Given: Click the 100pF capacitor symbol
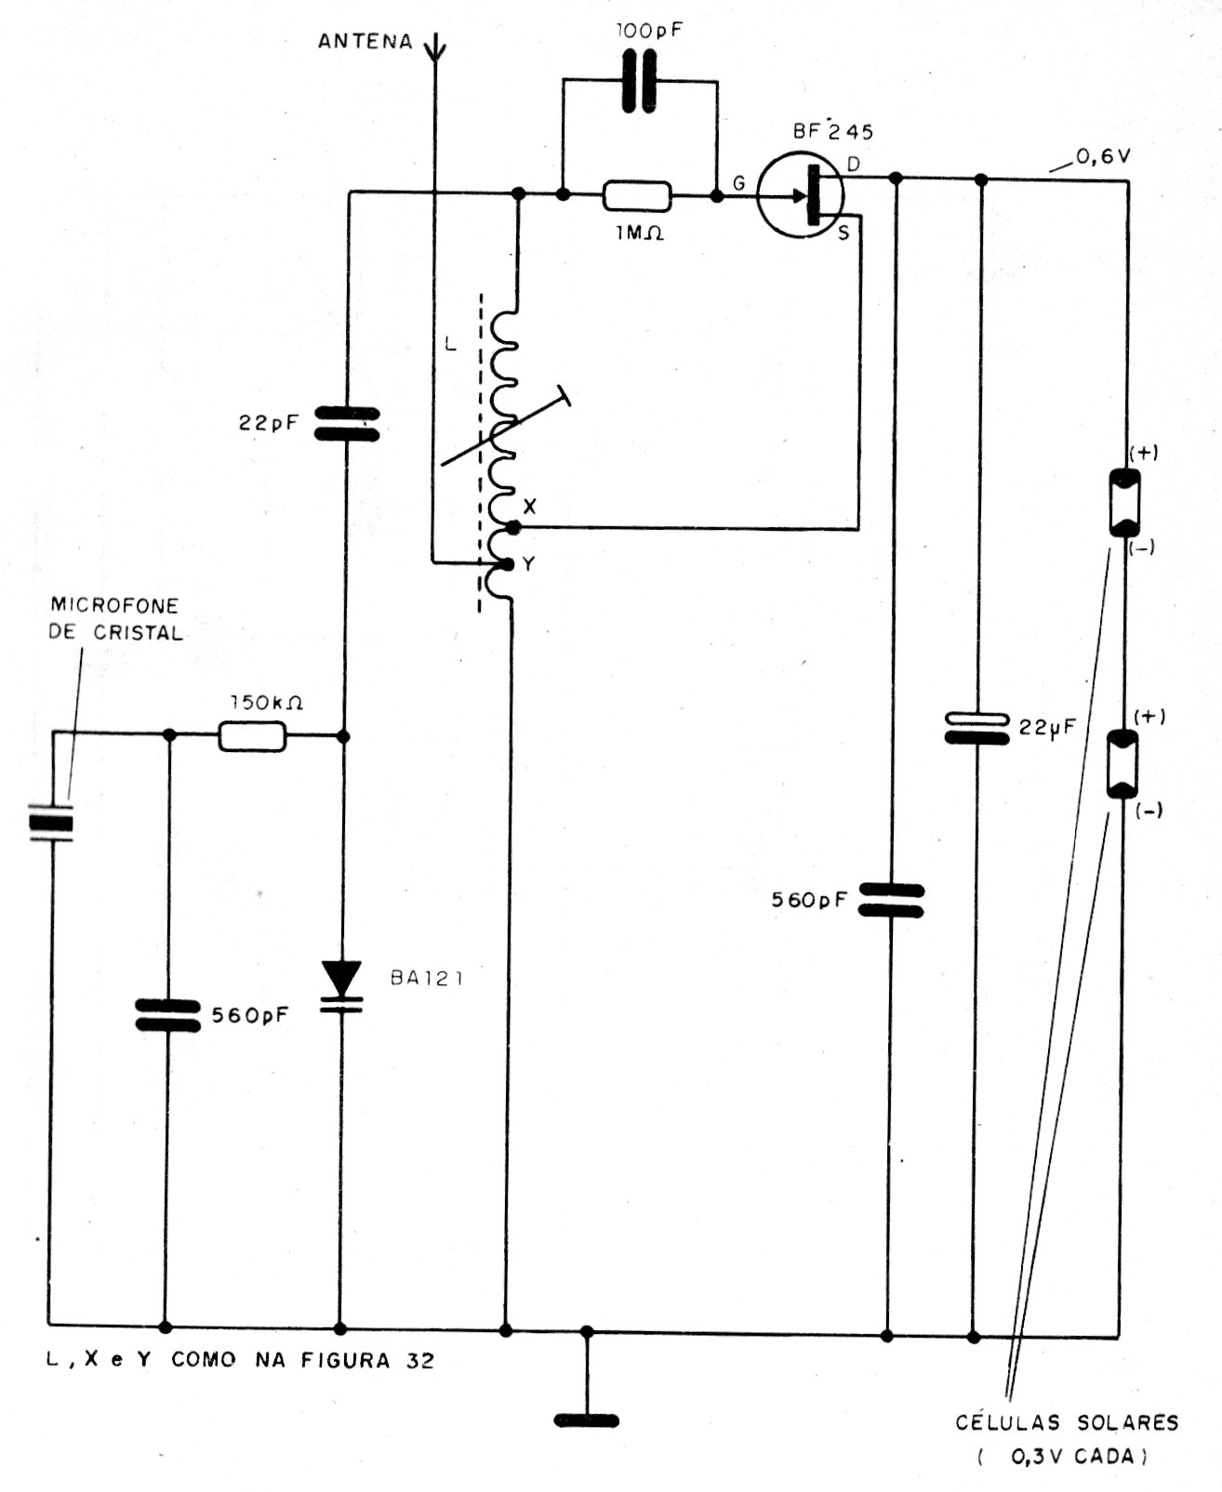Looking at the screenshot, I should [638, 82].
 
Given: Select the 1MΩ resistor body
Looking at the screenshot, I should [637, 196].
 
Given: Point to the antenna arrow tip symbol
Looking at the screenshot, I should [433, 46].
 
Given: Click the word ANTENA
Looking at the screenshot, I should [365, 42].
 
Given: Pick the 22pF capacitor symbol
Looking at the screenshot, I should [345, 423].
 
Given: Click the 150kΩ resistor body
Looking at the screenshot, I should [253, 736].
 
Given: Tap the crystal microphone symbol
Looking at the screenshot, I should [50, 824].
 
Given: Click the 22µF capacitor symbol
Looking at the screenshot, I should [976, 728].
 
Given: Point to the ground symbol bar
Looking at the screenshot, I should [586, 1419].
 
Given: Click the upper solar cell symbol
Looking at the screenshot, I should [1125, 503].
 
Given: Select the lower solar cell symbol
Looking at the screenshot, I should [1122, 764].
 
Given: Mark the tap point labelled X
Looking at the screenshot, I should [511, 527].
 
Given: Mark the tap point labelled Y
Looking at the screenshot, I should [508, 563].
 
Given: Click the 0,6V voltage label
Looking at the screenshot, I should [1102, 157].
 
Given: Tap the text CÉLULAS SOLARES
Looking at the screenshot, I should [1067, 1421].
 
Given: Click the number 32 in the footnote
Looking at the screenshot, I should [420, 1361].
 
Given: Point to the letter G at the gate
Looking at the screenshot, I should [738, 184].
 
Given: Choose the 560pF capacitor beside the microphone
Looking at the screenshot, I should [167, 1015].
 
